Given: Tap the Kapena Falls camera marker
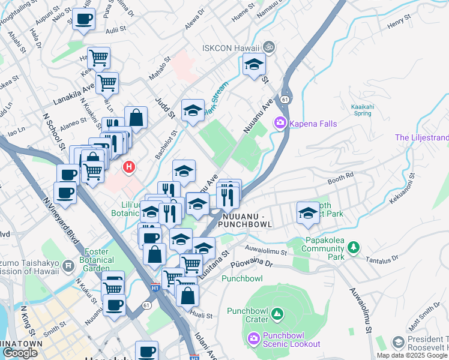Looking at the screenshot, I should [280, 124].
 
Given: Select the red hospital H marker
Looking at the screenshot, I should [128, 167].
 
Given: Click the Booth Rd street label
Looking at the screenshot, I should [340, 178].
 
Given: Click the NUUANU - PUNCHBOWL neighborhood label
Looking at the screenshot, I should [247, 220].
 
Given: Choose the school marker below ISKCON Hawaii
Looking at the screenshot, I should [255, 64].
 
